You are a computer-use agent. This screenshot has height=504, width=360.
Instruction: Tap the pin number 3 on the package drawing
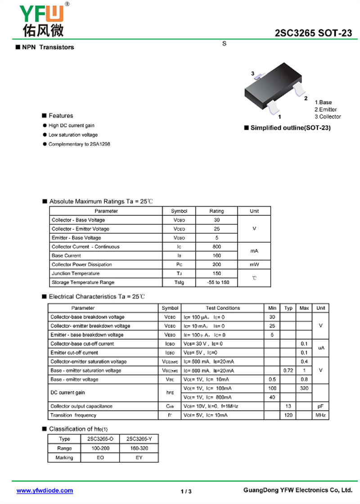pos(253,73)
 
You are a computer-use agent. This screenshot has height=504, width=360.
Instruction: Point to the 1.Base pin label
pos(323,103)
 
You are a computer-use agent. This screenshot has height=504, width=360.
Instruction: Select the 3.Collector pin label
pos(327,117)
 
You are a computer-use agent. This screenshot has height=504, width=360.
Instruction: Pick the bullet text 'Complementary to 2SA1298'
pos(79,144)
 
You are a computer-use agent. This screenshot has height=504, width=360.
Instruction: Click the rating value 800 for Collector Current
pos(216,247)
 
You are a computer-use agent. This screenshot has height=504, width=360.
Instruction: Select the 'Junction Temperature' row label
pos(76,273)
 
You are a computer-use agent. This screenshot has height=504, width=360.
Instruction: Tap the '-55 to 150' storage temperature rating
pos(216,282)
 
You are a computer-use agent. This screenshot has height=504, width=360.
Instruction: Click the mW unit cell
pos(254,264)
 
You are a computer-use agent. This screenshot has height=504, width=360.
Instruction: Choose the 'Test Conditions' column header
pos(223,308)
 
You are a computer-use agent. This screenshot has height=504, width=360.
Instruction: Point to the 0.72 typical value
pos(288,371)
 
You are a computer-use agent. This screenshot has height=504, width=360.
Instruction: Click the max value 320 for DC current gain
pos(304,388)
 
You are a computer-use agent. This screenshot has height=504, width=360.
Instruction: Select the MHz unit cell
pos(320,415)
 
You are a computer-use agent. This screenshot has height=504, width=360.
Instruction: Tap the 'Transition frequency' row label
pos(73,415)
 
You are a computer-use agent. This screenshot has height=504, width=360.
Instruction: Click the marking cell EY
pos(139,457)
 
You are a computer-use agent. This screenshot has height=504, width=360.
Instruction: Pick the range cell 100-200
pos(100,448)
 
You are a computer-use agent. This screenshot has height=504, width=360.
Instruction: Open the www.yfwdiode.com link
pos(45,490)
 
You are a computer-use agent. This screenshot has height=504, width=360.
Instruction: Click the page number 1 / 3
pos(186,491)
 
